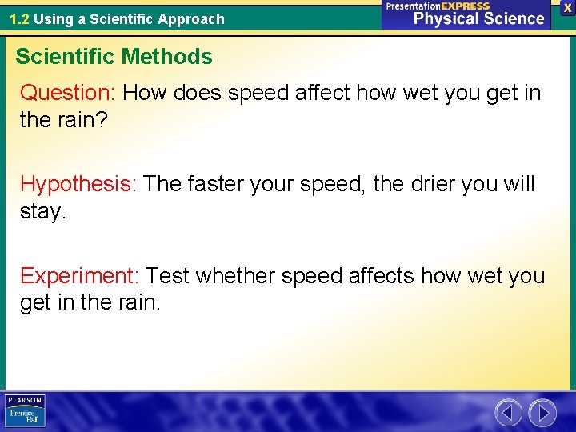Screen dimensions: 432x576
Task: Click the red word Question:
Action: [69, 93]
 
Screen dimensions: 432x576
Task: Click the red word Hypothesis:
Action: [79, 184]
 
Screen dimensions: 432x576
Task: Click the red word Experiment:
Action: [80, 276]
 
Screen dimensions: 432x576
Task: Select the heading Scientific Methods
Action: [114, 57]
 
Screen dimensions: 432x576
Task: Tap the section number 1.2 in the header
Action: [19, 18]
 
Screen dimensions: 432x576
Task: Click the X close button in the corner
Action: [566, 6]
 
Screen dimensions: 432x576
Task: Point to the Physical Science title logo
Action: [466, 15]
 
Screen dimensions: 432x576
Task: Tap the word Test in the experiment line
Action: [168, 276]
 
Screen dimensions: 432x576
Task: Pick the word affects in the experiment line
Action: [382, 276]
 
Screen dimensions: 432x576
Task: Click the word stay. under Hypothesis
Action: [42, 214]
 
